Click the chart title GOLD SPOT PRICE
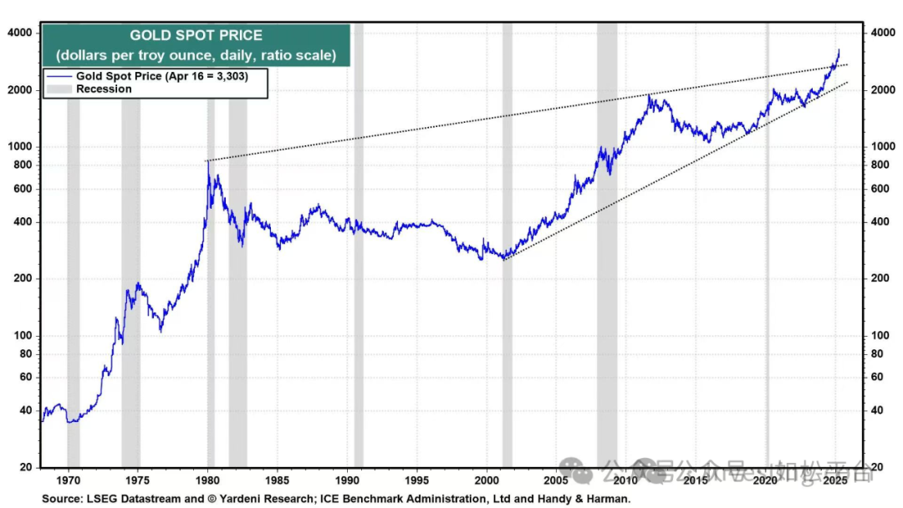196,36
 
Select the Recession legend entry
104,89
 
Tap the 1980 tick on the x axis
208,481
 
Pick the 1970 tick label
69,481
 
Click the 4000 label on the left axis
19,33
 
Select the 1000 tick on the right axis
884,146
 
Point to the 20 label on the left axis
25,467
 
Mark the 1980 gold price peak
207,161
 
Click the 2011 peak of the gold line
650,96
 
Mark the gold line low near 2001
504,259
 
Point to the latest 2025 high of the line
839,49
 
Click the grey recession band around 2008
607,251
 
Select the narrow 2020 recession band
767,251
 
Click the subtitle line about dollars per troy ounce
196,56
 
